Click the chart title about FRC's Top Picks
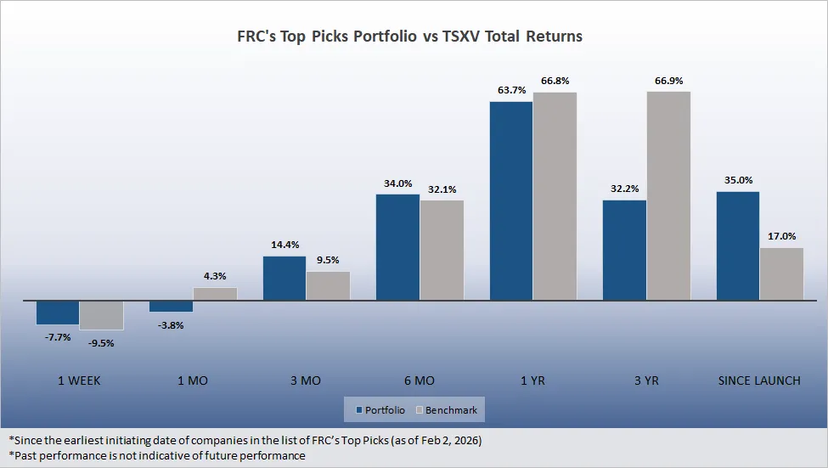[409, 37]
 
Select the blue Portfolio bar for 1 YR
[511, 200]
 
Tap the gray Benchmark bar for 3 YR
[668, 195]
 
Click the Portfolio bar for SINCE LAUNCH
[738, 245]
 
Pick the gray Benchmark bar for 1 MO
[215, 294]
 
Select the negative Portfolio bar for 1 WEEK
[58, 313]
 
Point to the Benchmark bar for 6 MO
[442, 250]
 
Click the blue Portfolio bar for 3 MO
[284, 278]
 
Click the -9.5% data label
[101, 343]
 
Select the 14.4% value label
[284, 245]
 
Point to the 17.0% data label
[781, 236]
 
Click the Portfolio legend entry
[379, 410]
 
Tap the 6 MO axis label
[419, 381]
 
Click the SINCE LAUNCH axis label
[759, 381]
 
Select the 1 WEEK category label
[79, 381]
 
